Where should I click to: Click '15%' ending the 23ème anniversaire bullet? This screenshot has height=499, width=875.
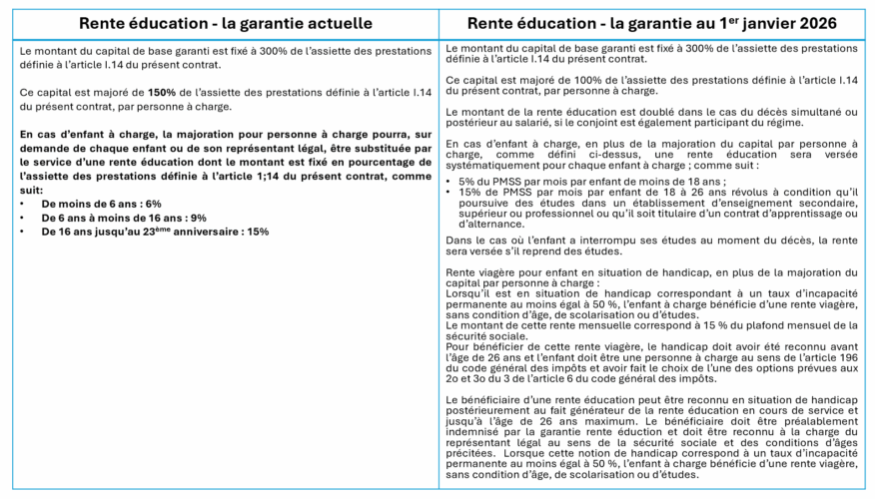[x=258, y=232]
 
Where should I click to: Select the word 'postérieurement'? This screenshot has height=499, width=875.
[x=498, y=408]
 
